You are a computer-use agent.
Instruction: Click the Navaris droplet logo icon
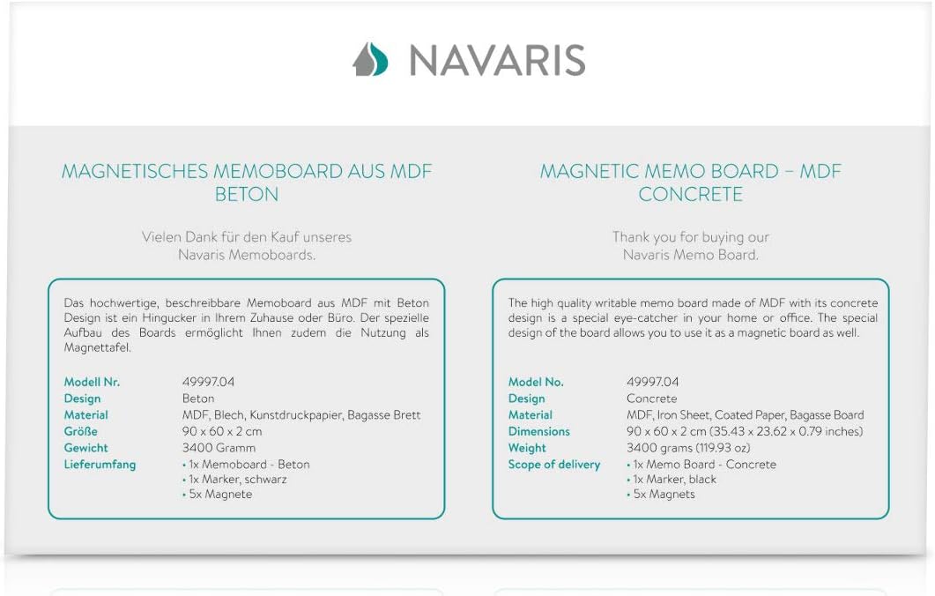[370, 59]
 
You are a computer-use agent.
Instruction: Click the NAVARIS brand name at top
[497, 60]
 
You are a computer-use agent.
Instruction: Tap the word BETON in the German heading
[247, 194]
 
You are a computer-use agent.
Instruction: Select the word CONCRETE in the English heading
[690, 194]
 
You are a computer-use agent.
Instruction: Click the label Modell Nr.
[92, 382]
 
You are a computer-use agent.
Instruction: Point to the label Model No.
[536, 382]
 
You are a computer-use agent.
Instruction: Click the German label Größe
[81, 431]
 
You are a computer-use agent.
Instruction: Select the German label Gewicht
[86, 448]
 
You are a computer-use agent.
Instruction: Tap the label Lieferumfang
[100, 465]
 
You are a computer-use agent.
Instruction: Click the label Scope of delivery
[553, 465]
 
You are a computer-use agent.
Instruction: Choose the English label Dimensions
[539, 431]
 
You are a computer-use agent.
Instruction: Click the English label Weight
[527, 448]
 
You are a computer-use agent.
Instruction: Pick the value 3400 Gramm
[219, 448]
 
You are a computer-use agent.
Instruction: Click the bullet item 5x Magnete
[219, 495]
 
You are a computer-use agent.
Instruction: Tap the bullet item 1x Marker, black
[673, 480]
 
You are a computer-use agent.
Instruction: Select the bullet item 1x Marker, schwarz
[236, 480]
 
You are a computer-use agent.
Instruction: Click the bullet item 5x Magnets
[663, 495]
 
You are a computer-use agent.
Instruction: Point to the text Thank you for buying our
[691, 237]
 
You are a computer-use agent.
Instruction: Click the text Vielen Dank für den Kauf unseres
[247, 237]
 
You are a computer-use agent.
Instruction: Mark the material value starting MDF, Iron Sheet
[745, 415]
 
